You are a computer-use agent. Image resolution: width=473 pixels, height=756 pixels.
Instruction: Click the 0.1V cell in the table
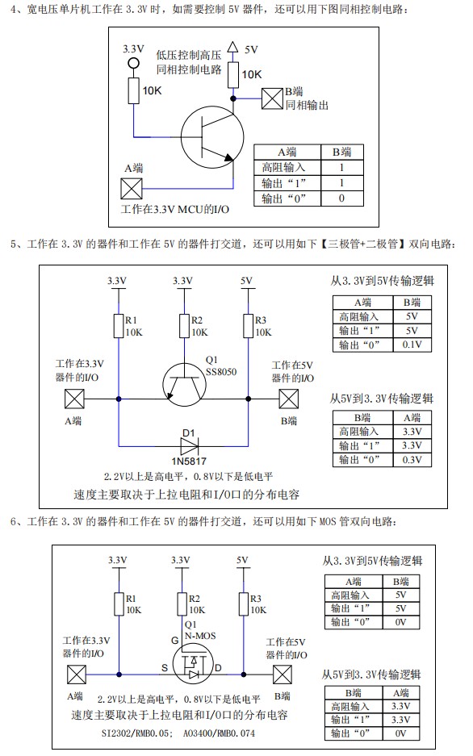coord(412,345)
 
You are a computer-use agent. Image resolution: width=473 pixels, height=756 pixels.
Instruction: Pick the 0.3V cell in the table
coord(412,459)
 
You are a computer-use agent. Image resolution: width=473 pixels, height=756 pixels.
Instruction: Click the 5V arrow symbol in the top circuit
coord(233,48)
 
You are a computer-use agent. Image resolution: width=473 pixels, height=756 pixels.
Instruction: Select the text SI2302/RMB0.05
coord(137,734)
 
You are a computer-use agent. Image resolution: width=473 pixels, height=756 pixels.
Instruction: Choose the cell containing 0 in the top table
coord(341,198)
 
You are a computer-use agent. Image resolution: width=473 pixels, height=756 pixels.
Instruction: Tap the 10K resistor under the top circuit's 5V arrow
coord(233,75)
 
